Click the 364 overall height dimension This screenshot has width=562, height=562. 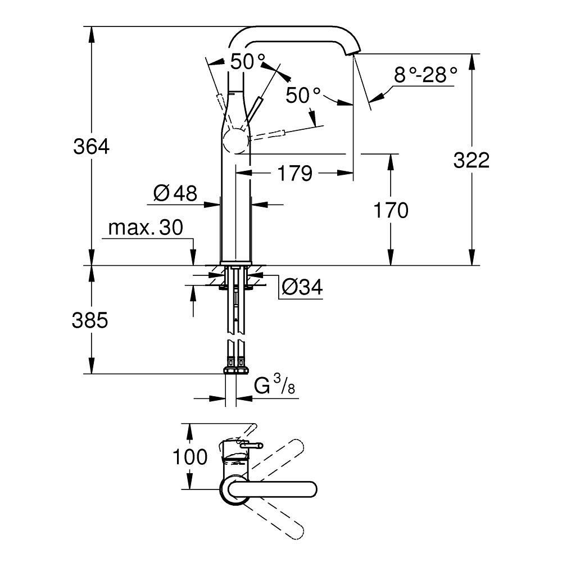91,147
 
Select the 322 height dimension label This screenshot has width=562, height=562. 472,160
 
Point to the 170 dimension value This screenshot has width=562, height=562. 390,211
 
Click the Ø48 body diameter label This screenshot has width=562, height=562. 175,194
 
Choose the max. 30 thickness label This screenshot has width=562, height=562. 145,228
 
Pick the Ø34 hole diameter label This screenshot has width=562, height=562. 302,288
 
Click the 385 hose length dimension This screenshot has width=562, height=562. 90,320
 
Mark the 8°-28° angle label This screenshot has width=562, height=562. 425,75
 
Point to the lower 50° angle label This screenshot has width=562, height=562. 303,95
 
